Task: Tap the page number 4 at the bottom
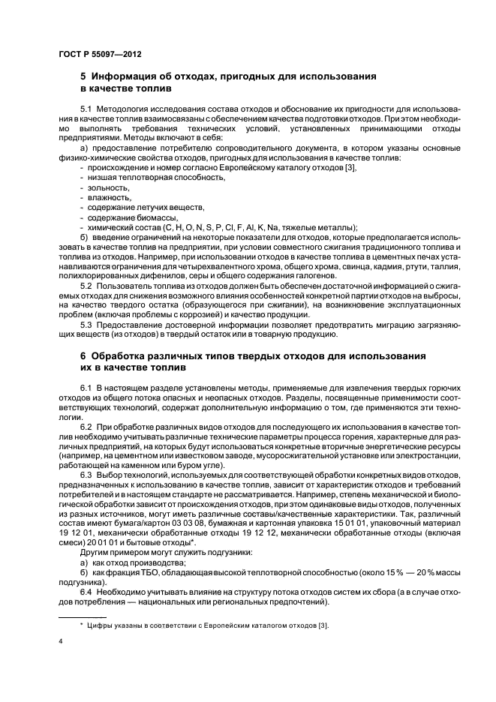[61, 641]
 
